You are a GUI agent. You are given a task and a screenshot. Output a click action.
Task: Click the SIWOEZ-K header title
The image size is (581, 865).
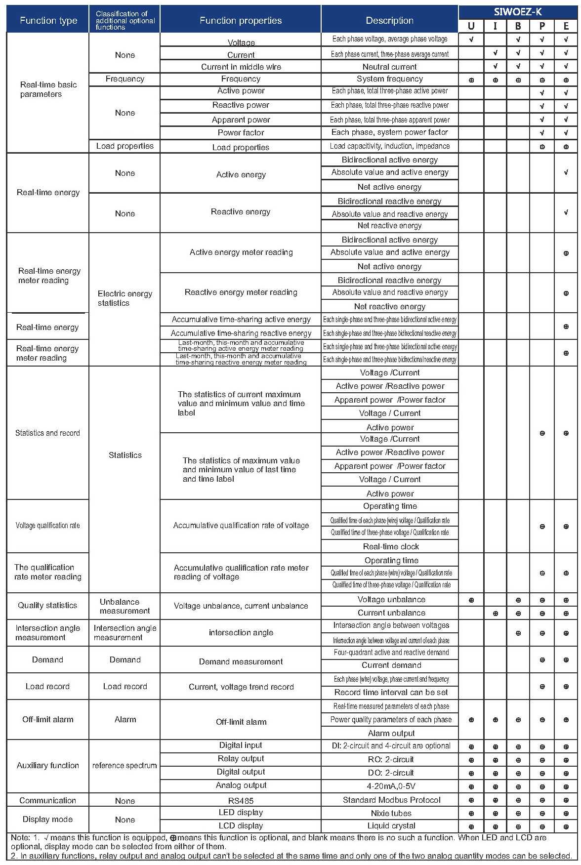point(518,12)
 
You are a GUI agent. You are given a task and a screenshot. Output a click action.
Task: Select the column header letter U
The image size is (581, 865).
point(471,26)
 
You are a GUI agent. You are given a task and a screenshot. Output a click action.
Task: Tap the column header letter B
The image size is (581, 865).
point(518,26)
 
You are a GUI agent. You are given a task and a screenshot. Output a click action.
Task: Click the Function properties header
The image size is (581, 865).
point(241,20)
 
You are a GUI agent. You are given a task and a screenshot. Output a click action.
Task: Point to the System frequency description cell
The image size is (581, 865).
point(390,79)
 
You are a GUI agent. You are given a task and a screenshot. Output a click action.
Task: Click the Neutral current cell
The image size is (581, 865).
point(390,67)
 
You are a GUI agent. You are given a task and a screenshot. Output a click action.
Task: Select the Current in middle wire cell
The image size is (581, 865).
point(241,67)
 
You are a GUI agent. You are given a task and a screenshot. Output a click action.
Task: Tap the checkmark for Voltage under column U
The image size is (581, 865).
point(471,39)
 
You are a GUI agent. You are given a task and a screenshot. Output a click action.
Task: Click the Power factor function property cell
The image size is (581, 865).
point(241,132)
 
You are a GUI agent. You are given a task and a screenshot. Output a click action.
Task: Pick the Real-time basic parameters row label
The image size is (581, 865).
point(48,89)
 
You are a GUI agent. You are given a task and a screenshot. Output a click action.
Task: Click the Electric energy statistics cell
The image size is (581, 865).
point(124,298)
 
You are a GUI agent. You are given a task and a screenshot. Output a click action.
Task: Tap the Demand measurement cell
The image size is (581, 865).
point(241,661)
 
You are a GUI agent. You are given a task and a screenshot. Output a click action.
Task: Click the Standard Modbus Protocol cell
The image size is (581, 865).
point(391,800)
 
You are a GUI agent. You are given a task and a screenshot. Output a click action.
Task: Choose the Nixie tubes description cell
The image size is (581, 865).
point(391,813)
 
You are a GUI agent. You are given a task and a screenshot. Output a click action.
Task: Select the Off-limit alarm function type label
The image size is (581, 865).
point(47,719)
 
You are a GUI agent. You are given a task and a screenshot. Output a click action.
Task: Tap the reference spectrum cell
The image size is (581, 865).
point(124,766)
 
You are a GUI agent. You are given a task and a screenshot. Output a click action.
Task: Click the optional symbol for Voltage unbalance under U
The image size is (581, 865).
point(471,600)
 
